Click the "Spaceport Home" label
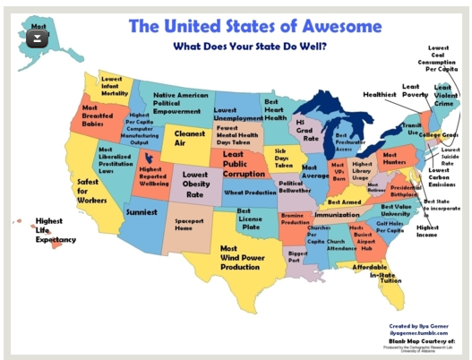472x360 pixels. (189, 225)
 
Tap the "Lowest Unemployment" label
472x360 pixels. (237, 113)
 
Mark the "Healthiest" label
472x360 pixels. (380, 93)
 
